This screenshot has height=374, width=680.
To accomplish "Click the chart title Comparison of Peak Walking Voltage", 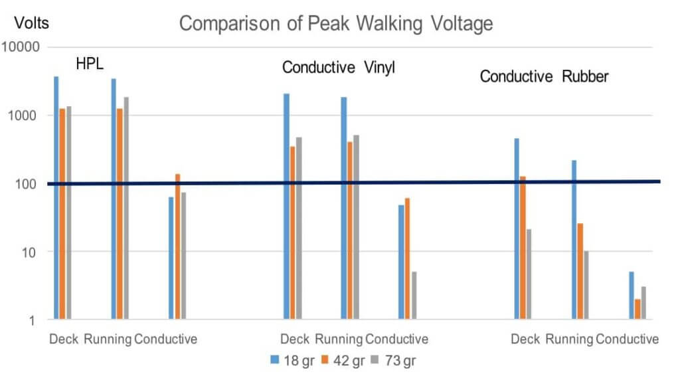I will coord(336,24).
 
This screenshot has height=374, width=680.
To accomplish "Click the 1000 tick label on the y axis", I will coord(27,116).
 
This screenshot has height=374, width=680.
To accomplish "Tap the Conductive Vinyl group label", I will coord(339,68).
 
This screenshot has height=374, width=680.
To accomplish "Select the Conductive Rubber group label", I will coord(545,76).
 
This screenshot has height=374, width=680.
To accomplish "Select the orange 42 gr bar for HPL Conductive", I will coord(177,246).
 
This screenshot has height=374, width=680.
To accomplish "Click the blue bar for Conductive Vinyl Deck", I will coord(286,207).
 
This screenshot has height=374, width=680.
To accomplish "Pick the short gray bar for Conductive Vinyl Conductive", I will coord(414,296).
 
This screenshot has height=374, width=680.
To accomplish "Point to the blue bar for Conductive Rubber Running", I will coord(574,240).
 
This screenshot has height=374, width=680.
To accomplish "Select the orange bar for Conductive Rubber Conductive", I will coord(637,310).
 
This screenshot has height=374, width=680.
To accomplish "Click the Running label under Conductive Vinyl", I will coord(339,339).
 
